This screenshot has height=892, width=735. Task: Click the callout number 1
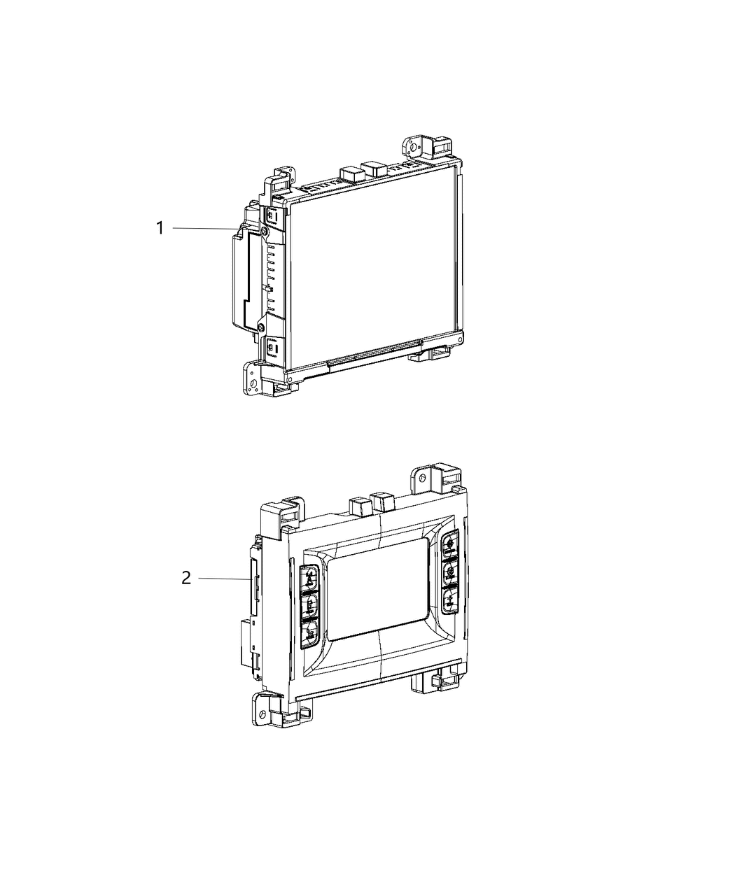click(160, 228)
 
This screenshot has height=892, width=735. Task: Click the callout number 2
click(185, 578)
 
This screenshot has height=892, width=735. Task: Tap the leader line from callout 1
click(203, 228)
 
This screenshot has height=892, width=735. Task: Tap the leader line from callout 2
click(224, 578)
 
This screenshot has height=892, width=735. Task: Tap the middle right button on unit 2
click(451, 571)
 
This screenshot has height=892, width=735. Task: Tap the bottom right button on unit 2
click(450, 600)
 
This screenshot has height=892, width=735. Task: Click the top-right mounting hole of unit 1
click(413, 148)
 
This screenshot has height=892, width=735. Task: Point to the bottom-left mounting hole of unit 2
click(262, 716)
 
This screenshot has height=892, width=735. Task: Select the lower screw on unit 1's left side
click(260, 327)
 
